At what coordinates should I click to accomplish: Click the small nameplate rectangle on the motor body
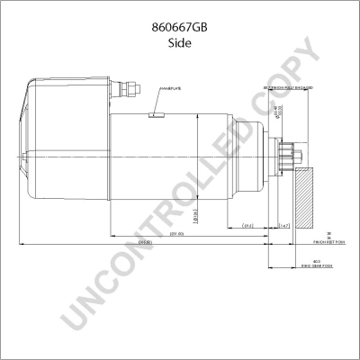click(155, 114)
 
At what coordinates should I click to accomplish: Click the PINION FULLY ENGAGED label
click(288, 86)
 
